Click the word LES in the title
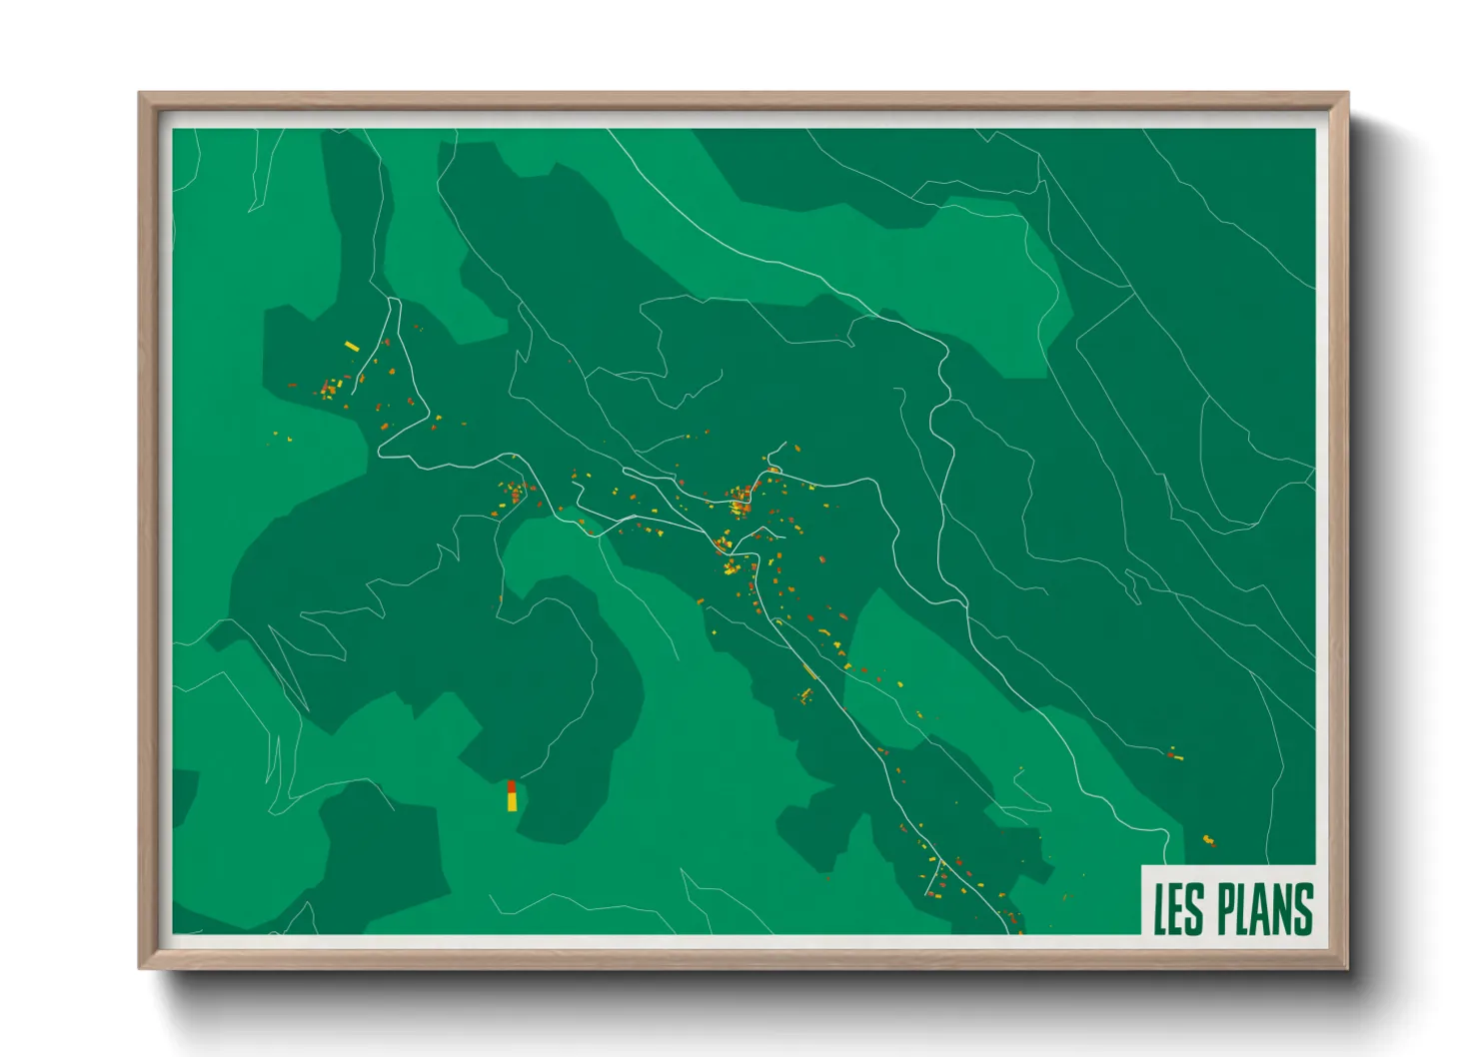coord(1179,908)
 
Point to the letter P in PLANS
coord(1225,908)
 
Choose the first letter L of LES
coord(1162,908)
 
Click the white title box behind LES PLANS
coord(1229,874)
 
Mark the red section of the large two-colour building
coord(512,786)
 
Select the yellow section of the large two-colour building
coord(512,801)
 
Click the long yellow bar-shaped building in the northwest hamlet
coord(351,347)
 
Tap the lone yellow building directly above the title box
coord(1208,839)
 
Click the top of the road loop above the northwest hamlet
coord(394,299)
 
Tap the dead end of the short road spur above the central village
coord(785,443)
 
